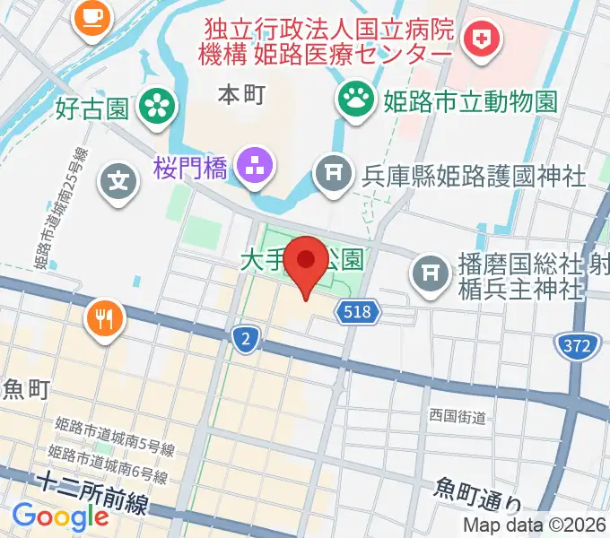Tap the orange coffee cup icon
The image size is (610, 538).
point(91,15)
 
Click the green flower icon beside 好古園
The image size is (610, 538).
point(158,108)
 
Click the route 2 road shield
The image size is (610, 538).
point(245,338)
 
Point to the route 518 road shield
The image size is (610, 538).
point(359,312)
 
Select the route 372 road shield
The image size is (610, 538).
point(573,345)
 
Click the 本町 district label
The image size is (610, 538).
point(241,95)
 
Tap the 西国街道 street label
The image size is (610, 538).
point(457,417)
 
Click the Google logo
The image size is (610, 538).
point(60,517)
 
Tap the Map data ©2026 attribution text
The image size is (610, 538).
point(535,525)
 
